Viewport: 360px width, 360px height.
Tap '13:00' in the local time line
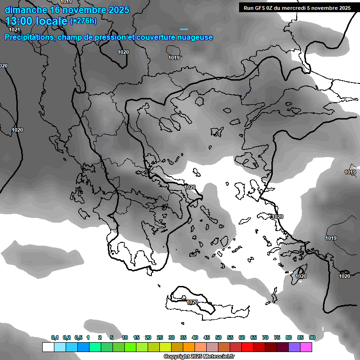coord(19,21)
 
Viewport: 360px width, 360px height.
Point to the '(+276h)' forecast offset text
coord(83,21)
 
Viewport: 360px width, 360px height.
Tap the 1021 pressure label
coord(15,30)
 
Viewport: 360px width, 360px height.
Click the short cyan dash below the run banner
coord(184,29)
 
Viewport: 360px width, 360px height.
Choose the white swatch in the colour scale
coord(48,347)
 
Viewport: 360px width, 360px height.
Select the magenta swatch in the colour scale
coord(306,347)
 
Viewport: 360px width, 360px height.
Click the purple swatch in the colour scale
coord(294,347)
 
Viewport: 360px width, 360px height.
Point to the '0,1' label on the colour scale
coord(55,338)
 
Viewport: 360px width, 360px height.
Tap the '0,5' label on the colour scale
coord(78,338)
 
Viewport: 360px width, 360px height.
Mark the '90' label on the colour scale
coord(312,338)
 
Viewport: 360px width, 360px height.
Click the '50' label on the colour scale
coord(218,338)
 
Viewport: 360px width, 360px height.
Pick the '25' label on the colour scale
coord(160,338)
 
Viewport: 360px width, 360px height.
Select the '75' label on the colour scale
coord(277,338)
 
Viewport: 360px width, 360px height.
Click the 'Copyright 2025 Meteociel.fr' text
coord(199,356)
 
